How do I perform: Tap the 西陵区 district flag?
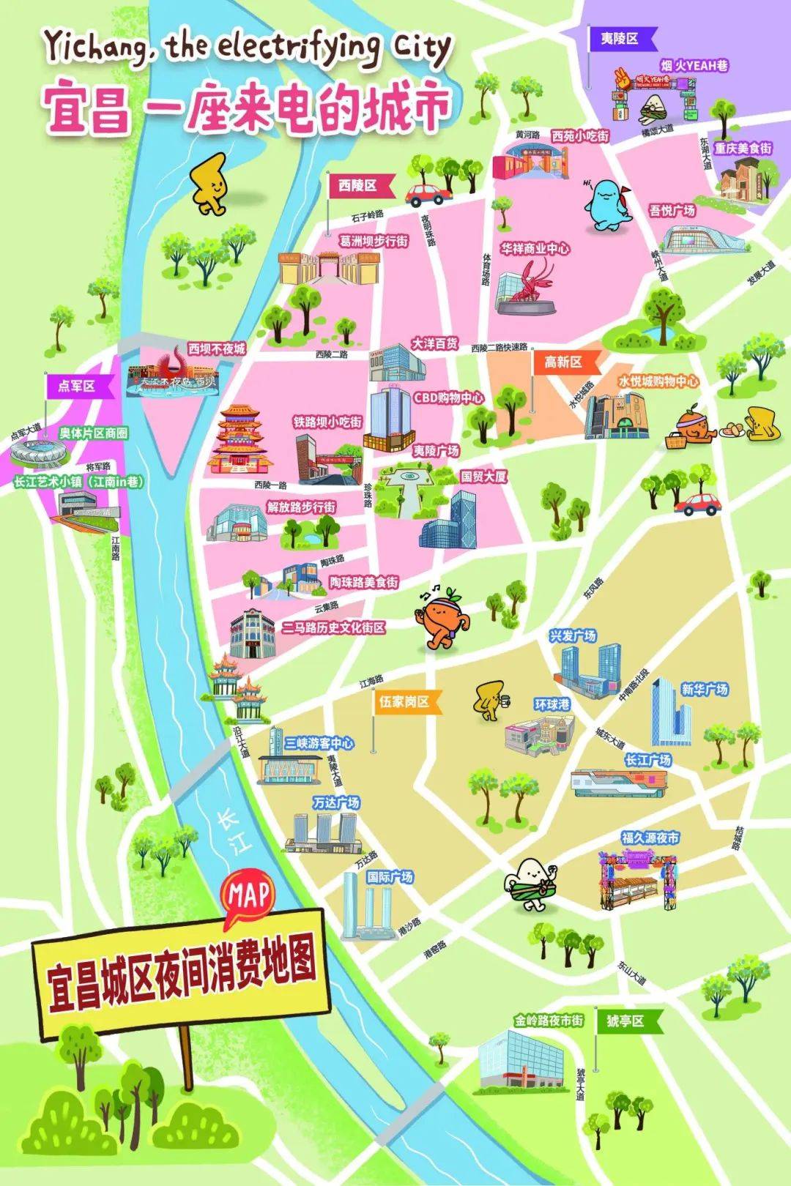358,185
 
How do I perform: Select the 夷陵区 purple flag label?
620,39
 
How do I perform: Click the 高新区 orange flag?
563,362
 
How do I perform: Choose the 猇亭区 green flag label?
625,1021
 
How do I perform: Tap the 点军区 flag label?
76,386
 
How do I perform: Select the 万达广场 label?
336,802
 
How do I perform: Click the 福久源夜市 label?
650,838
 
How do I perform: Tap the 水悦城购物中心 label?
658,381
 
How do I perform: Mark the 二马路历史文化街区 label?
333,627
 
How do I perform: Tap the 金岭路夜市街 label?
549,1020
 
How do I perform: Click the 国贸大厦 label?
483,476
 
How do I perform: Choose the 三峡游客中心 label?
319,743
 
